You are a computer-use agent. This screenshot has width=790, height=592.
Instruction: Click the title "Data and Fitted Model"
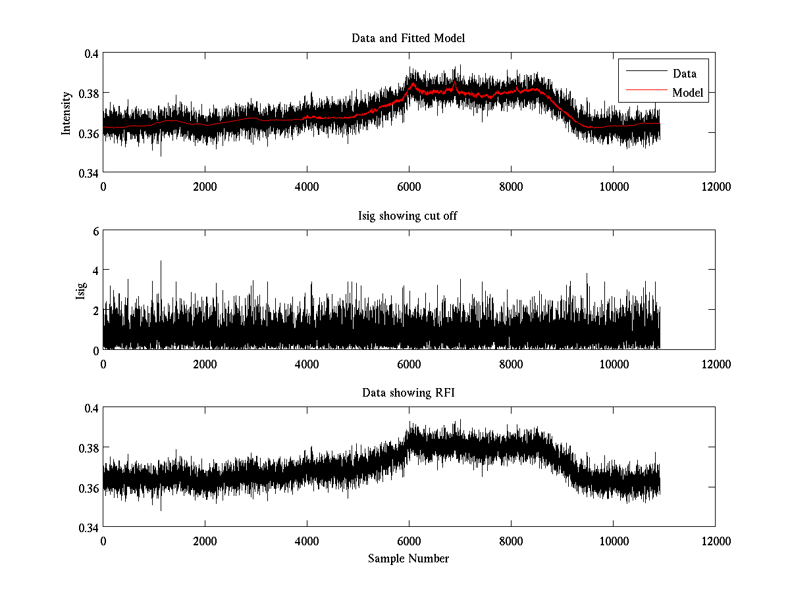coord(408,38)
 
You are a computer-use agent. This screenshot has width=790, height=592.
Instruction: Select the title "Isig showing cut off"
coord(408,216)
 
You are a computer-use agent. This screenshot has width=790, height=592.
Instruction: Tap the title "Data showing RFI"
coord(408,393)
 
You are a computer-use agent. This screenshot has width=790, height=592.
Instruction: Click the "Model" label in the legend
coord(687,93)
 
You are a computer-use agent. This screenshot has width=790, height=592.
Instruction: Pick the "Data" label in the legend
coord(684,74)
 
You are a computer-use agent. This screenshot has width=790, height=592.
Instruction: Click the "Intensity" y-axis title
coord(66,113)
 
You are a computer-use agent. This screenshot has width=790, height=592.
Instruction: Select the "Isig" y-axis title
coord(80,290)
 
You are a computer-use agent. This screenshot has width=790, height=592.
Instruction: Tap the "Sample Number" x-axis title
coord(408,558)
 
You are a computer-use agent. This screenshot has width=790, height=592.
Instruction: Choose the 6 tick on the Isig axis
coord(96,231)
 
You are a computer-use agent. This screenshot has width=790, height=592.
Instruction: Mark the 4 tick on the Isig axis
coord(96,270)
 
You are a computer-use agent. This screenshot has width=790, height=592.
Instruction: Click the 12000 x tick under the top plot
coord(715,186)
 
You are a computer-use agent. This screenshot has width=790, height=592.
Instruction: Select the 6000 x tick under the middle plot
coord(409,363)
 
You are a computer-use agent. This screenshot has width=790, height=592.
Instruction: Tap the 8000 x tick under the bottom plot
coord(511,541)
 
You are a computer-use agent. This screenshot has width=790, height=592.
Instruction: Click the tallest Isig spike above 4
coord(161,262)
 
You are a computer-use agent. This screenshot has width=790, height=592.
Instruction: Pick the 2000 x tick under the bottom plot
coord(205,541)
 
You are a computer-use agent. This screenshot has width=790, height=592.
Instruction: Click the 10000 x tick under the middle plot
coord(613,363)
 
